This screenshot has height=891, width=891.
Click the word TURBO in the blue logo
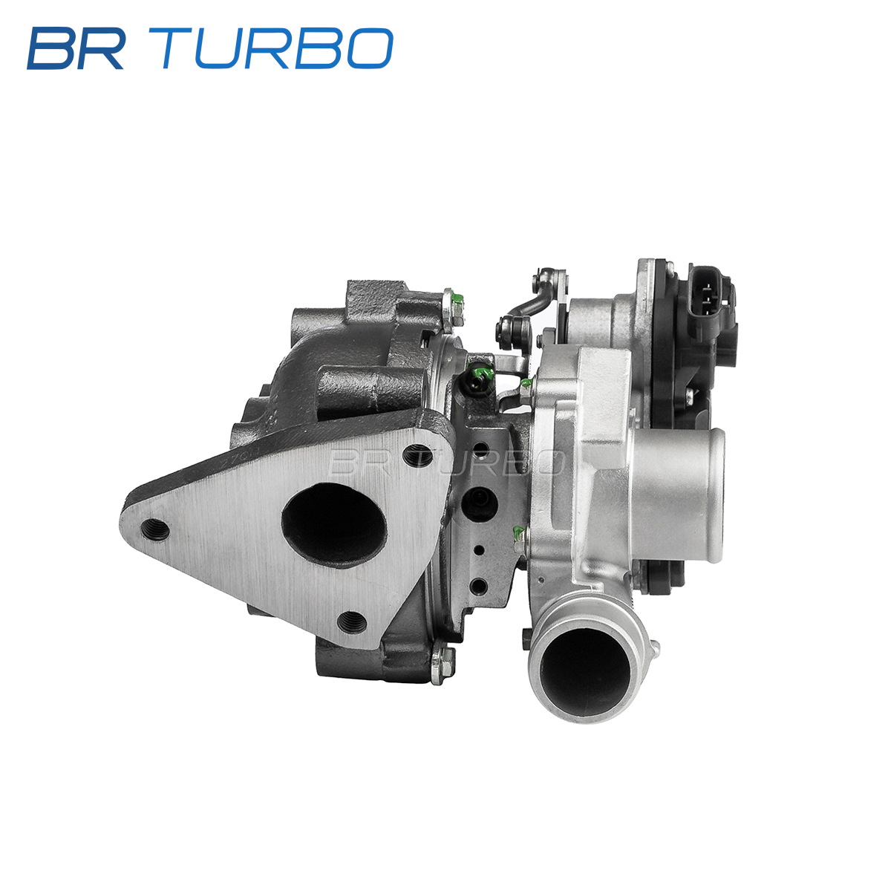[278, 48]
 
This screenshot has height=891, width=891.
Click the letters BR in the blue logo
[76, 48]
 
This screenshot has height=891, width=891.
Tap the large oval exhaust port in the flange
[334, 523]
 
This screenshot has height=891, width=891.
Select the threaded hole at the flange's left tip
[155, 529]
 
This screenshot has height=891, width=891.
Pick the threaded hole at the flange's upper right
[417, 456]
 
